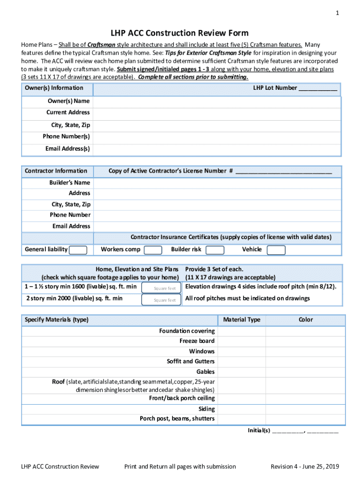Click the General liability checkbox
tap(78, 250)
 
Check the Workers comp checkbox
tap(153, 250)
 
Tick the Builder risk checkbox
tap(215, 250)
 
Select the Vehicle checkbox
tap(276, 250)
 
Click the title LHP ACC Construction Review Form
tap(180, 33)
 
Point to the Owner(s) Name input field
tap(217, 101)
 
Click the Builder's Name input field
tap(217, 182)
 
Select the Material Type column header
tap(242, 320)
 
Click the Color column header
tap(306, 320)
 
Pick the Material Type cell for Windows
tap(242, 351)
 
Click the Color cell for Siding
tap(306, 409)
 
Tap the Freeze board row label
tap(197, 341)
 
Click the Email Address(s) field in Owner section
tap(217, 149)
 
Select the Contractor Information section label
tap(56, 171)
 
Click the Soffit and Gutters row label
tap(191, 362)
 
